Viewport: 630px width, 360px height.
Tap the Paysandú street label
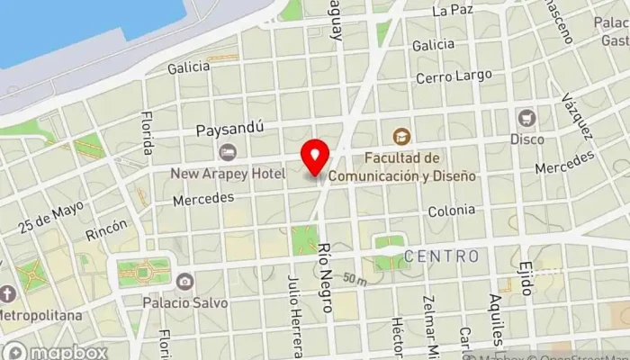click(229, 129)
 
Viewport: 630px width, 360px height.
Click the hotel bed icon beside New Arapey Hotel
click(228, 152)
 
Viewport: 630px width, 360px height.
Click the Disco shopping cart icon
click(526, 118)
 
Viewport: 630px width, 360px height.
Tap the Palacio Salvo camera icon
click(184, 282)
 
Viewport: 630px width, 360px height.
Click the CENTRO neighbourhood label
click(441, 256)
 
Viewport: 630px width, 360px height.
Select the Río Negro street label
click(326, 282)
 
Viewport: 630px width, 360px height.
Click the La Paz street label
click(452, 11)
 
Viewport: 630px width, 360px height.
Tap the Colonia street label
click(451, 210)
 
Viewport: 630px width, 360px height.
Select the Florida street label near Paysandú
click(147, 133)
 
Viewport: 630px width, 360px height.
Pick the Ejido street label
click(526, 278)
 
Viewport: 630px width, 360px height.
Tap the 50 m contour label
click(354, 280)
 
